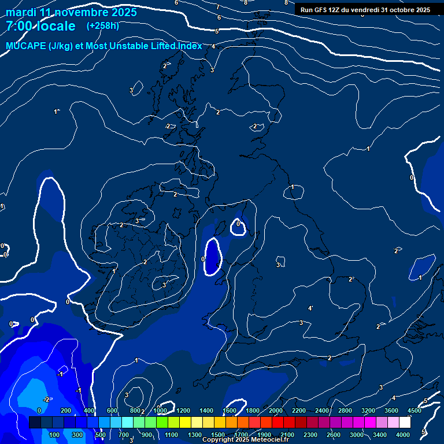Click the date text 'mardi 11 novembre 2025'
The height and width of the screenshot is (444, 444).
pyautogui.click(x=71, y=12)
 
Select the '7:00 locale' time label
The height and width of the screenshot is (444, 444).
pyautogui.click(x=40, y=26)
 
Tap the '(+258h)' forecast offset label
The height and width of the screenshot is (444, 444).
pyautogui.click(x=103, y=26)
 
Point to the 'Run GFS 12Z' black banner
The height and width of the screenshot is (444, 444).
pyautogui.click(x=365, y=10)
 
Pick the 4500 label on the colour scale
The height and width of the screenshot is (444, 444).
pyautogui.click(x=414, y=410)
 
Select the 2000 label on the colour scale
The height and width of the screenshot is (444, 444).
pyautogui.click(x=276, y=410)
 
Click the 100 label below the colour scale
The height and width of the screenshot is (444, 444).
pyautogui.click(x=54, y=435)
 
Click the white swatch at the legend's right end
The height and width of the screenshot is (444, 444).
pyautogui.click(x=405, y=423)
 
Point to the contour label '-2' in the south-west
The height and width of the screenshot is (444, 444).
pyautogui.click(x=47, y=399)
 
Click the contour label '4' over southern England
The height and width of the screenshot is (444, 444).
pyautogui.click(x=310, y=308)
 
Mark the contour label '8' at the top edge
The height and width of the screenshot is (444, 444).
pyautogui.click(x=246, y=2)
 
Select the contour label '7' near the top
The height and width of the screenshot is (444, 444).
pyautogui.click(x=218, y=8)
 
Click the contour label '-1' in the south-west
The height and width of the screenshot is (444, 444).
pyautogui.click(x=60, y=374)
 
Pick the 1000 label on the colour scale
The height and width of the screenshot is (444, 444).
pyautogui.click(x=160, y=410)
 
